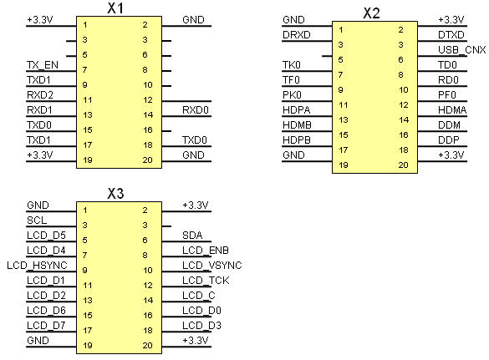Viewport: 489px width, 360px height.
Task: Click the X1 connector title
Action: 115,8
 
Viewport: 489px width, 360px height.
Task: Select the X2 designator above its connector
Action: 371,13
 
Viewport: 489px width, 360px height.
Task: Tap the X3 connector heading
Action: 115,194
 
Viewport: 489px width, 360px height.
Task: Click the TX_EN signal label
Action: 43,65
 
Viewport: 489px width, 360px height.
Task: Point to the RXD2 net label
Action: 40,94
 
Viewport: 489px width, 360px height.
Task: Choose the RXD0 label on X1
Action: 196,110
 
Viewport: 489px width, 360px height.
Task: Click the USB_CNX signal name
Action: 462,50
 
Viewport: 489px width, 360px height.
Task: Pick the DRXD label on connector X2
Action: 296,34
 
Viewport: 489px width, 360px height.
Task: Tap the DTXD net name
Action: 451,34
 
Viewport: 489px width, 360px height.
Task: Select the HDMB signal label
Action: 297,125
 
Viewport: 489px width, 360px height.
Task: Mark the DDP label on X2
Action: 448,140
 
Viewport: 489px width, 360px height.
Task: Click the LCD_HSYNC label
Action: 37,266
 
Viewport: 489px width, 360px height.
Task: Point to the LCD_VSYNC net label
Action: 212,266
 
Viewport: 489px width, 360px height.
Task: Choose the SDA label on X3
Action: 192,235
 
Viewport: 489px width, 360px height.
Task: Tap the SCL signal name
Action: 37,220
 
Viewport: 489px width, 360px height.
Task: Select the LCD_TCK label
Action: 206,281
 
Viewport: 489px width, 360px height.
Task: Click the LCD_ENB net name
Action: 206,251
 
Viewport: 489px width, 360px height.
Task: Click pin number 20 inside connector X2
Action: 403,165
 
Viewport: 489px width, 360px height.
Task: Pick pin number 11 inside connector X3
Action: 88,285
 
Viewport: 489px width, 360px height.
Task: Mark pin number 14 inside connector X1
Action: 148,115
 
